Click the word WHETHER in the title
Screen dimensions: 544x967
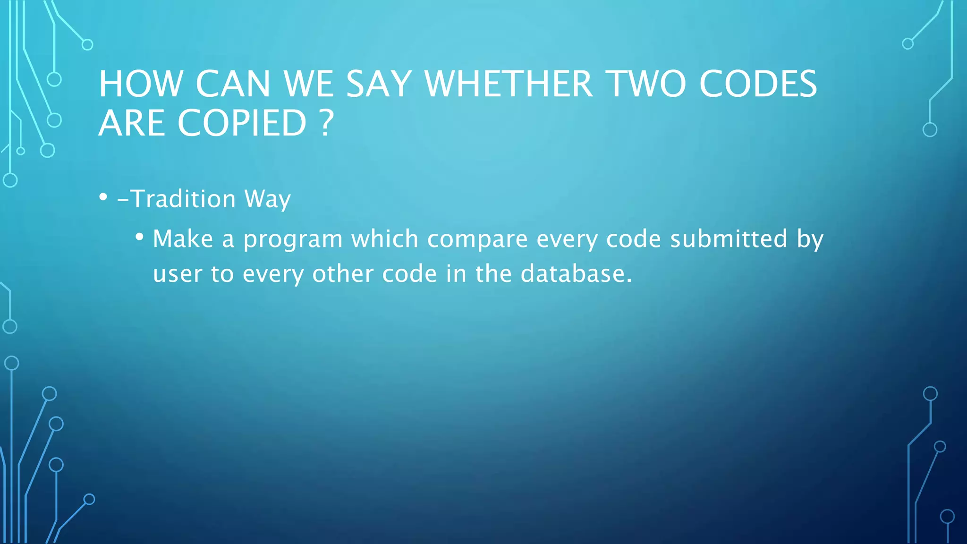click(x=509, y=84)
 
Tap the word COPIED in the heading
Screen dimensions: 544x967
click(x=242, y=123)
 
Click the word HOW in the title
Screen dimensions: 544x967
click(x=141, y=84)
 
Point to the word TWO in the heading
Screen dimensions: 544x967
click(x=645, y=84)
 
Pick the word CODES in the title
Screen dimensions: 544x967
click(x=758, y=84)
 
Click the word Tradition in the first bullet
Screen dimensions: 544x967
click(x=183, y=199)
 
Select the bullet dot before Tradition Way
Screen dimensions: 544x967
click(x=103, y=197)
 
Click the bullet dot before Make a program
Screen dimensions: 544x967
click(x=139, y=237)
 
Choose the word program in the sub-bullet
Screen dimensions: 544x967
click(x=293, y=239)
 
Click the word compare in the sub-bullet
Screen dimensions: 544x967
click(x=477, y=239)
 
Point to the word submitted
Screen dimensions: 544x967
click(x=729, y=238)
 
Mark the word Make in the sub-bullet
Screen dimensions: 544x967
click(x=183, y=238)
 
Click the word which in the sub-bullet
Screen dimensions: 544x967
click(x=384, y=238)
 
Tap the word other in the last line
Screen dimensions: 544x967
click(x=343, y=274)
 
